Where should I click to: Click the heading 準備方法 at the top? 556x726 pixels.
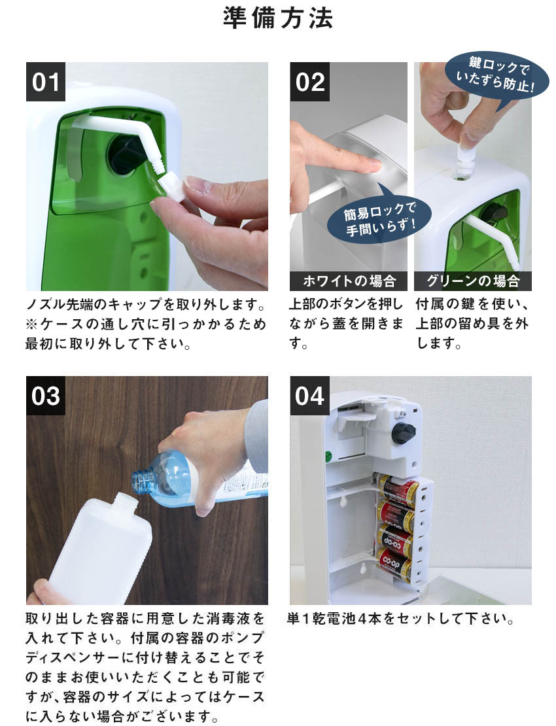(278, 18)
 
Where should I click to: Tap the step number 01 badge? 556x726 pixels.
(46, 82)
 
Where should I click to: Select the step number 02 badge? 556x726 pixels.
(310, 82)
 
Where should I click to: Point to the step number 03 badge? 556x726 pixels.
(46, 396)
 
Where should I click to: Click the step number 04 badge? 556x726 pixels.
(310, 396)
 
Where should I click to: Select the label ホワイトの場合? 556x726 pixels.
(349, 282)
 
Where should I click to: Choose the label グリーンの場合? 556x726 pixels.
(472, 282)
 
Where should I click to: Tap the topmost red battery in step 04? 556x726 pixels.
(397, 489)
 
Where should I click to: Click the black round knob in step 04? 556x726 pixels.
(403, 432)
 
